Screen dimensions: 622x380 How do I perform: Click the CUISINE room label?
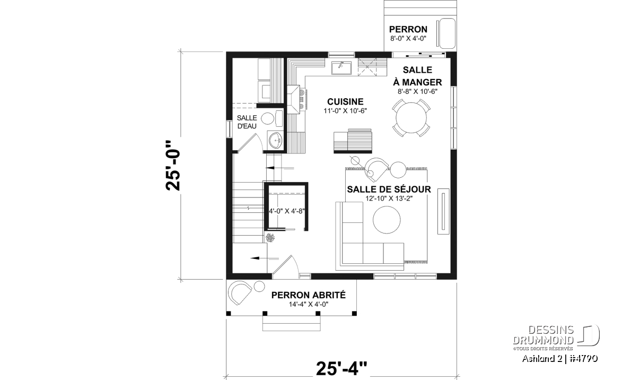[345, 101]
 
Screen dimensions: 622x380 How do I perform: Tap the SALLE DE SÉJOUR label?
[389, 189]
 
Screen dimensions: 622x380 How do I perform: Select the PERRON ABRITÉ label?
[308, 295]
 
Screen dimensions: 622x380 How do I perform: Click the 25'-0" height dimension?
[173, 165]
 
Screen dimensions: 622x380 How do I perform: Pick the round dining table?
[411, 117]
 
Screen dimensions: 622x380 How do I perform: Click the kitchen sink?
[341, 67]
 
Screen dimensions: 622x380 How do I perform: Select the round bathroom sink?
[275, 140]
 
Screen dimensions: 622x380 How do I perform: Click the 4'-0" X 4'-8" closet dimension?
[286, 211]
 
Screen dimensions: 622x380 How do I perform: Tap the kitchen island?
[352, 141]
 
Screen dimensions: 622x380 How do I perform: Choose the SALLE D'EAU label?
[247, 122]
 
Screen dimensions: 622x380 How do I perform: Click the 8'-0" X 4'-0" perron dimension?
[408, 39]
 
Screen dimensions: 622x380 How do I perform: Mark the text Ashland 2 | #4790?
[560, 359]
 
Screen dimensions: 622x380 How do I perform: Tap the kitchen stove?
[296, 100]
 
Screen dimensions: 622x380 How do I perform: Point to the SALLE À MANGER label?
[417, 76]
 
